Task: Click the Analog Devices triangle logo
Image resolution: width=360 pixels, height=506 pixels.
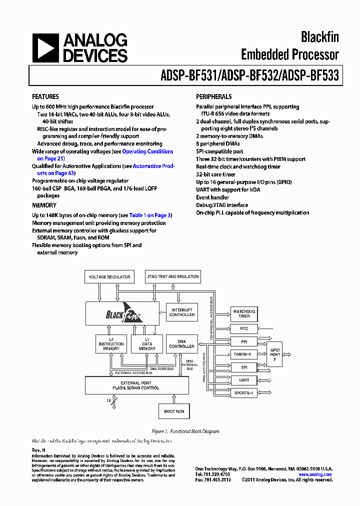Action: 45,48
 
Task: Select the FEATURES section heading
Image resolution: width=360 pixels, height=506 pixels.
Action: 45,96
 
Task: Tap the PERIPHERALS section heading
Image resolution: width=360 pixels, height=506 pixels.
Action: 213,96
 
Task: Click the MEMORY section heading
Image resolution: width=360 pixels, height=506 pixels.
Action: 44,205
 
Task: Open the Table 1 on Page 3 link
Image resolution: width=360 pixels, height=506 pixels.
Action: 150,215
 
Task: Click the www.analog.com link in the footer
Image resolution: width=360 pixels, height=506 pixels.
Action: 315,474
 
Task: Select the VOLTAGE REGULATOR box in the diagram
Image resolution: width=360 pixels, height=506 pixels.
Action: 109,276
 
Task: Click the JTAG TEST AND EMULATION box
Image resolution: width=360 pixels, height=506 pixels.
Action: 172,276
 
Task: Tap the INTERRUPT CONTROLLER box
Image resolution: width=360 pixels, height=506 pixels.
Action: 182,312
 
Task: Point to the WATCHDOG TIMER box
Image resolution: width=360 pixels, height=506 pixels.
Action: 244,314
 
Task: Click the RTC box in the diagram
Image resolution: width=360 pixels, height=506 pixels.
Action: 244,328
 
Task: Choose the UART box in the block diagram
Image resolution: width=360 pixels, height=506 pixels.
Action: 244,380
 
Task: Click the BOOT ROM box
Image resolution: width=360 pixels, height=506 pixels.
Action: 174,411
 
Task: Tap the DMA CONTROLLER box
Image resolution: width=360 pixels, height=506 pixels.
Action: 182,344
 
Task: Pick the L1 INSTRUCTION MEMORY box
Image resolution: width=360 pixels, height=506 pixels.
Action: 111,344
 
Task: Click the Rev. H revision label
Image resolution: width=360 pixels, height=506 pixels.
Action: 38,450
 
